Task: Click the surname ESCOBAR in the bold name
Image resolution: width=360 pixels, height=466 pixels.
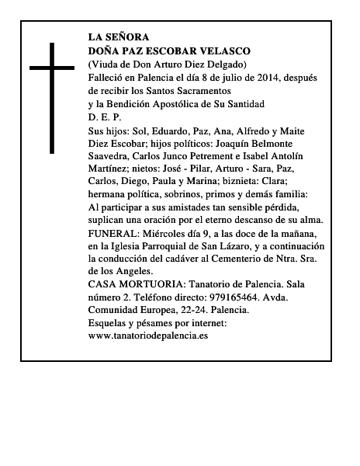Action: coord(172,50)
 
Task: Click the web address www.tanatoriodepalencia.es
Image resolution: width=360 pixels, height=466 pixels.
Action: coord(148,336)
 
